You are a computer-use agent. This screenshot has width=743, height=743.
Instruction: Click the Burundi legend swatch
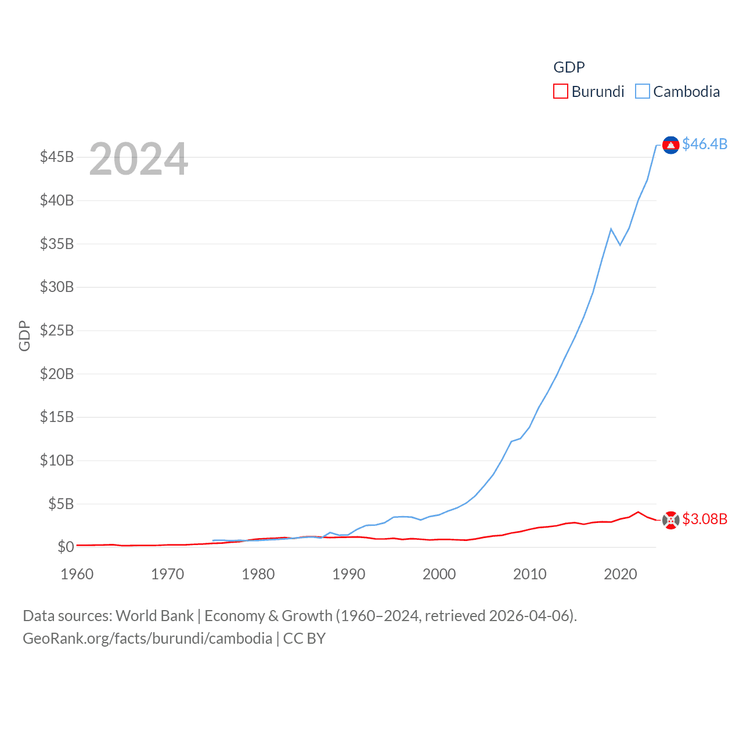[x=560, y=92]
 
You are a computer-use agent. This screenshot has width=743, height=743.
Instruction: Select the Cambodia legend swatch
[x=642, y=92]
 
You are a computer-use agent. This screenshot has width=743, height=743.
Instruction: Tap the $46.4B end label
[x=705, y=144]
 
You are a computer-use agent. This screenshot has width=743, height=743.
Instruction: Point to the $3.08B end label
[x=705, y=519]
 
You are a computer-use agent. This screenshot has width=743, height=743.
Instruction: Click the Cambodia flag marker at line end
[x=670, y=145]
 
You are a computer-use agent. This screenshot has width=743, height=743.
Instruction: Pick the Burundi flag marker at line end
[x=670, y=520]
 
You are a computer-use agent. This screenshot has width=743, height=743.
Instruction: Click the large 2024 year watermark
[x=138, y=158]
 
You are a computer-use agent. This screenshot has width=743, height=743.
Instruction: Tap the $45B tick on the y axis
[x=57, y=157]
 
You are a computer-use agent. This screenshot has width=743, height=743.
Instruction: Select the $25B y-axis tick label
[x=57, y=330]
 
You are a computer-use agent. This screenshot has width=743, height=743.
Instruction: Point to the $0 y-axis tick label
[x=66, y=547]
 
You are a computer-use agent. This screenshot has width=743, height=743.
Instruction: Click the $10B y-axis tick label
[x=57, y=460]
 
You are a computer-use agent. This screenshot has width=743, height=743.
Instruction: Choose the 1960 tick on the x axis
[x=77, y=574]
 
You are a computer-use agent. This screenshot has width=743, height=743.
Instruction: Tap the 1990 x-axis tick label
[x=349, y=574]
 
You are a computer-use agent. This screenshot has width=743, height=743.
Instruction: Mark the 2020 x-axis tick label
[x=621, y=574]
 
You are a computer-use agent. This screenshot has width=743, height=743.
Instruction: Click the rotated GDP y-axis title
[x=24, y=336]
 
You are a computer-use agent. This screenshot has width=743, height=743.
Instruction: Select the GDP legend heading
[x=569, y=67]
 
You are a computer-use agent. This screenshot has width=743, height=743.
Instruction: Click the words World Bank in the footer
[x=154, y=615]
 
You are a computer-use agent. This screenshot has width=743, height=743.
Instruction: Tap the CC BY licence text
[x=304, y=639]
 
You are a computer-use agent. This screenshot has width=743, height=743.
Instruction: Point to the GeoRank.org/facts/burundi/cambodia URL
[x=147, y=639]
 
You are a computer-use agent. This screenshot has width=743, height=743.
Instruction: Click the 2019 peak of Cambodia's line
[x=611, y=229]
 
